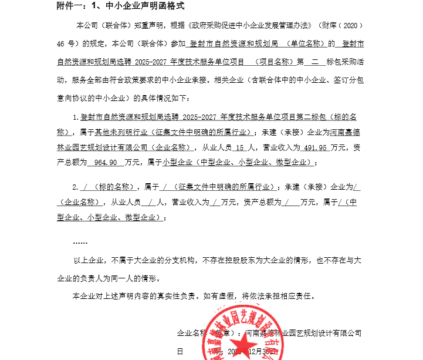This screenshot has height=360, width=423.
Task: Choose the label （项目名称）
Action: click(272, 60)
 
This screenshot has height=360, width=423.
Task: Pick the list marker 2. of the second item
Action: click(75, 187)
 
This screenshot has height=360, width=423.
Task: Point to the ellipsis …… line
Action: click(80, 241)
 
